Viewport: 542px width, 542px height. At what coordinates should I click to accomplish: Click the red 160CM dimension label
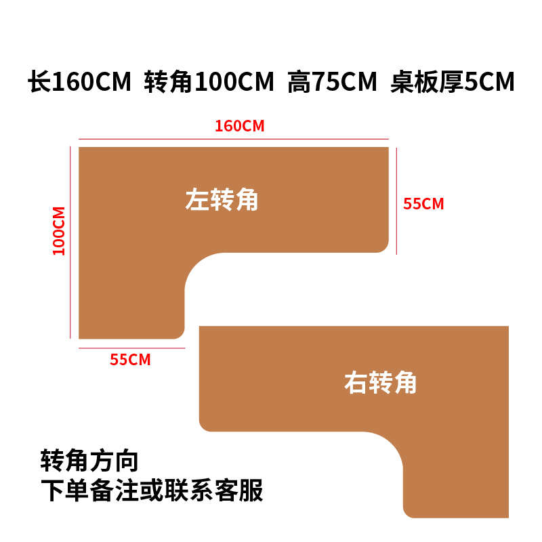[x=238, y=126]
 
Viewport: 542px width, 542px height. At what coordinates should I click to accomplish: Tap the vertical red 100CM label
[x=59, y=230]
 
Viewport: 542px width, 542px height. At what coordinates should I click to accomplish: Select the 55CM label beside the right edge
[x=423, y=204]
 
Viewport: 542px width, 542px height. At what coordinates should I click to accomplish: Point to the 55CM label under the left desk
[x=130, y=360]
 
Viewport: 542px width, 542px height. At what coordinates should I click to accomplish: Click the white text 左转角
[x=222, y=200]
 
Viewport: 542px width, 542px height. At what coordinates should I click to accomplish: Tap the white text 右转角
[x=380, y=383]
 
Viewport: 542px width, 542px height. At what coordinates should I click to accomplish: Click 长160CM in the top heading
[x=79, y=83]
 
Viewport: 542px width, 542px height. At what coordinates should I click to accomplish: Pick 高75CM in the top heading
[x=331, y=83]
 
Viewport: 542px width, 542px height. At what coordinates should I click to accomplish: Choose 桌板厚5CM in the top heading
[x=453, y=83]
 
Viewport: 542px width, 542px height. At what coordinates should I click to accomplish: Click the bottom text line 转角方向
[x=89, y=461]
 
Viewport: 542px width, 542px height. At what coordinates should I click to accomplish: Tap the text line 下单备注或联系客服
[x=152, y=490]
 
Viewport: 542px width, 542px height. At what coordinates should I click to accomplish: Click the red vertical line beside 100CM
[x=70, y=241]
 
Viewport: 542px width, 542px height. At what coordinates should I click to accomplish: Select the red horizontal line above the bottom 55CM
[x=131, y=348]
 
